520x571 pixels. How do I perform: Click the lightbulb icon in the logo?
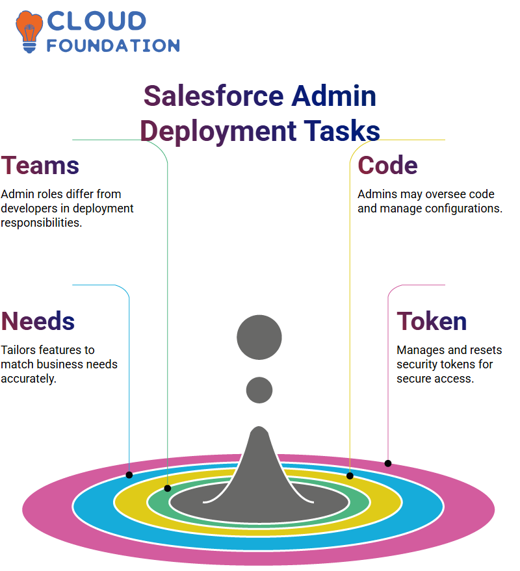pos(29,32)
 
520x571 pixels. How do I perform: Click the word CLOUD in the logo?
pos(97,21)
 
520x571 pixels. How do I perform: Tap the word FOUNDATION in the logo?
pos(113,45)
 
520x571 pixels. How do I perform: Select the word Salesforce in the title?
pos(214,95)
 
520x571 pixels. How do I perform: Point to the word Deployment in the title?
pos(218,131)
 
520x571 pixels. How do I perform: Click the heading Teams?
pos(40,166)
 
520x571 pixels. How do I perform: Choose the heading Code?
pos(387,166)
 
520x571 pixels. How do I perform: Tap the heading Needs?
pos(38,321)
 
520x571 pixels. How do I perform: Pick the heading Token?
pos(432,321)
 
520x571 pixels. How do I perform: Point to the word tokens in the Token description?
pos(462,364)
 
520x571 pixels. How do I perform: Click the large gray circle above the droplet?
pos(259,337)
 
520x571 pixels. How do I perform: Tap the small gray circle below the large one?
pos(259,390)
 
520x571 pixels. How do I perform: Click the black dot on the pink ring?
pos(388,463)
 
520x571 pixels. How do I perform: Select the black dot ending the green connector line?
pos(168,489)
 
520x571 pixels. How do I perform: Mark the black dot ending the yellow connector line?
pos(350,476)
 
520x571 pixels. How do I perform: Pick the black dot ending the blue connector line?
pos(129,475)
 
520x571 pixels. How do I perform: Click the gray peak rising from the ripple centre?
pos(259,466)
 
